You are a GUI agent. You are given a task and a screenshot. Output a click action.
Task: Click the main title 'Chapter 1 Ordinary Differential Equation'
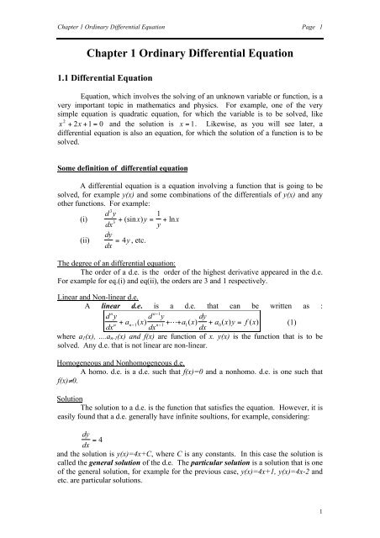pyautogui.click(x=190, y=48)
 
